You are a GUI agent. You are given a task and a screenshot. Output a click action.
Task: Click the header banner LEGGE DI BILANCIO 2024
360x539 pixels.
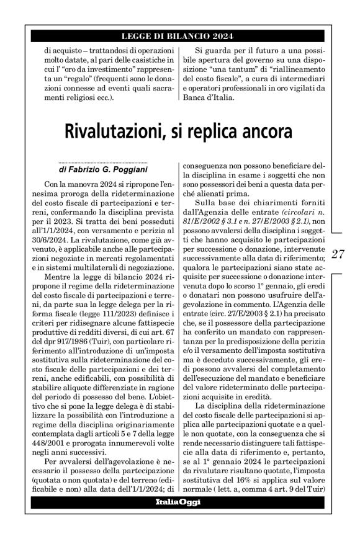point(180,37)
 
